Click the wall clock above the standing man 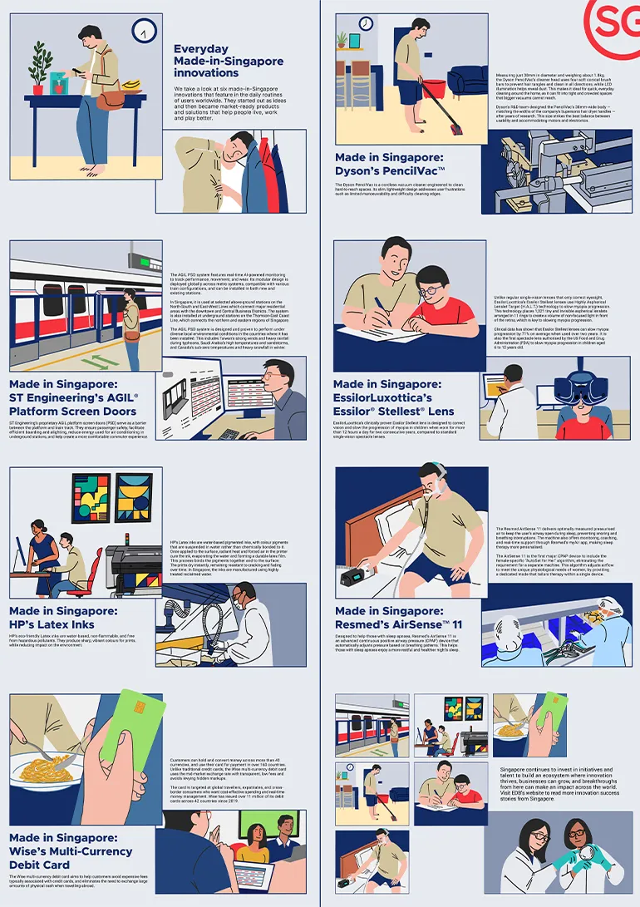pyautogui.click(x=145, y=31)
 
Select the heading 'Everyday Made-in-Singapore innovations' pyautogui.click(x=229, y=61)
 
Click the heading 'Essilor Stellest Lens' pyautogui.click(x=394, y=397)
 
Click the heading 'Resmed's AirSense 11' pyautogui.click(x=398, y=618)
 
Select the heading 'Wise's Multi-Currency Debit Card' pyautogui.click(x=71, y=850)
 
